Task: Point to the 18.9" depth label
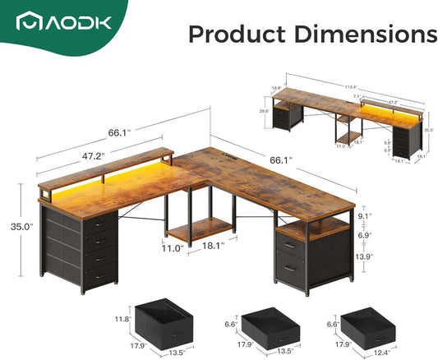[x=276, y=87]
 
